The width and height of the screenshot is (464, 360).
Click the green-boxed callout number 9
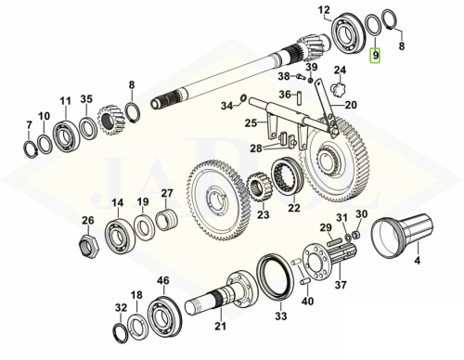pos(375,56)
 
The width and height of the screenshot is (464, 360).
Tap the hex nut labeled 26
pos(88,244)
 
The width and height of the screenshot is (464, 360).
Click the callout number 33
pos(281,315)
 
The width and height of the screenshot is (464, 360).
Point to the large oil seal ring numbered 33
pos(275,276)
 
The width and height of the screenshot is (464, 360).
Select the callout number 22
pos(293,208)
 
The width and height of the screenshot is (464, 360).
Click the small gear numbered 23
pos(258,186)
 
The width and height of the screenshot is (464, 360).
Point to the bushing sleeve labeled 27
pos(166,220)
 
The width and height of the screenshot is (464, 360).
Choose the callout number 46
pos(163,280)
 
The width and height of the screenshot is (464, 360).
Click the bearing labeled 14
pos(119,235)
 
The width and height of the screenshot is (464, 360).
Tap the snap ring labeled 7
pos(31,149)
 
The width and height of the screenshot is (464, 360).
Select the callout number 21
pos(220,326)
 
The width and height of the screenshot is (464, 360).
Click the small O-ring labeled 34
pos(243,97)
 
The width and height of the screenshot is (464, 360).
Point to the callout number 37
pos(341,285)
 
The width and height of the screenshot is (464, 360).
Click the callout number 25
pos(251,123)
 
